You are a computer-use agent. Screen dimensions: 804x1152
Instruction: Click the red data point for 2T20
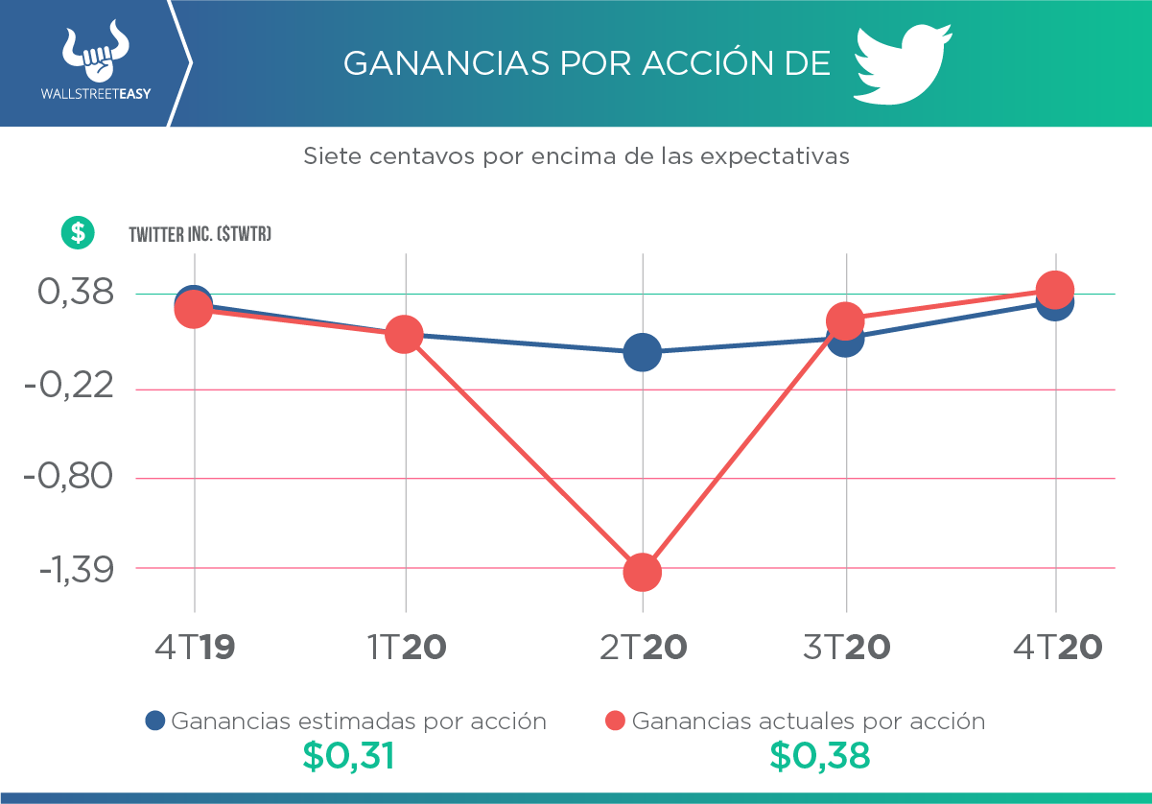pos(642,573)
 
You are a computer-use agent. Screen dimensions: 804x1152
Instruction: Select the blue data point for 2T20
pos(642,352)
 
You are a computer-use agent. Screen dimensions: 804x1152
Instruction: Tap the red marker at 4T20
pos(1055,289)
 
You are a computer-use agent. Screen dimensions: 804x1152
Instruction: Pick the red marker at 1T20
pos(405,334)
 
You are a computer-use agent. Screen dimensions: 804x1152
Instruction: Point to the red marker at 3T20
pos(845,320)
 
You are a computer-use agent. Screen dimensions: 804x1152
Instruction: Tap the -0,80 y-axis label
pos(69,476)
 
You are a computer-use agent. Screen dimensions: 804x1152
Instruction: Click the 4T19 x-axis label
pos(195,648)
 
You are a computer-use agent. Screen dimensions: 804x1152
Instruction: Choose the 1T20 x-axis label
pos(406,648)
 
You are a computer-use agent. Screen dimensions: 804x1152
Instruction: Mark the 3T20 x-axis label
pos(846,648)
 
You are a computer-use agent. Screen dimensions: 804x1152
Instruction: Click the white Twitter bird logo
pos(902,64)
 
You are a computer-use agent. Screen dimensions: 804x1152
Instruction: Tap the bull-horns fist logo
pos(94,57)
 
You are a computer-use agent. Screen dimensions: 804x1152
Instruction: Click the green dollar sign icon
pos(78,232)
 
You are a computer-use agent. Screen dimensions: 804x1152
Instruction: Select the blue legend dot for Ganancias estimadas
pos(155,721)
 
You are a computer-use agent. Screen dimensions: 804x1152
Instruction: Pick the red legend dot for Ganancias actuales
pos(616,721)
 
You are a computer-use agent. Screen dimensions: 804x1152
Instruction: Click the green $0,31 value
pos(349,756)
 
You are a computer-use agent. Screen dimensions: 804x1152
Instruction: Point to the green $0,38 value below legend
pos(820,756)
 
